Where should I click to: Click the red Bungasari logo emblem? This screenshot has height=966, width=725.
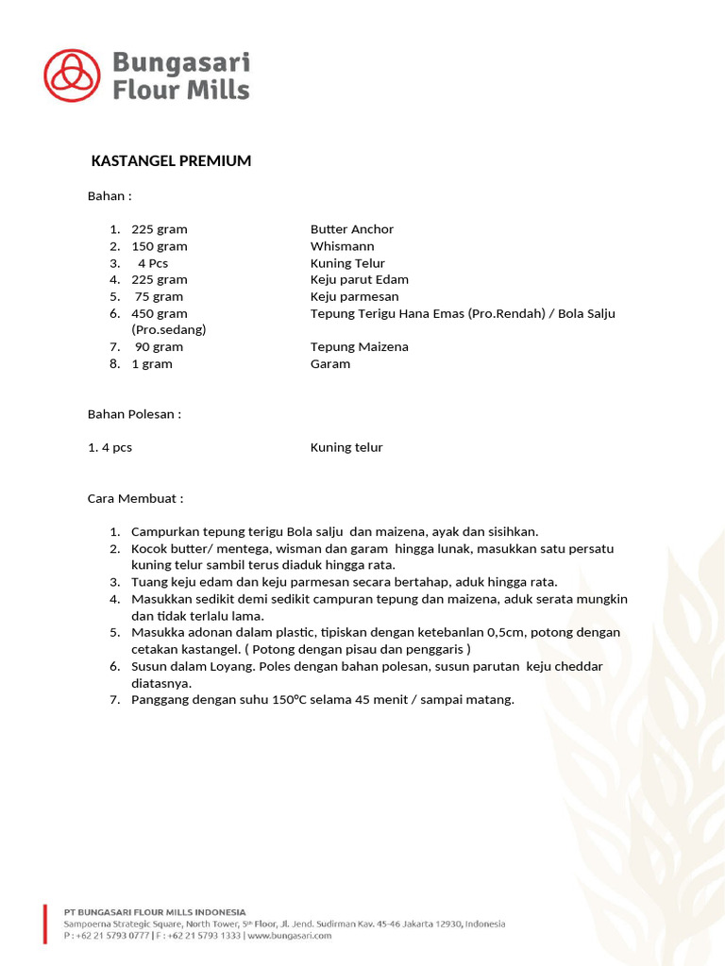[72, 75]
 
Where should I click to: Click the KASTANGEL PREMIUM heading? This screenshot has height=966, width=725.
[171, 161]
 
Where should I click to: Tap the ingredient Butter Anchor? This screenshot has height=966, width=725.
[352, 229]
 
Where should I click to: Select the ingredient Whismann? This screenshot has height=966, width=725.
[342, 246]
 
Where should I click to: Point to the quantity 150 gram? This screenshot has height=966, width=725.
[159, 246]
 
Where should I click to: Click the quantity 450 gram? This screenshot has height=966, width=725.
[159, 313]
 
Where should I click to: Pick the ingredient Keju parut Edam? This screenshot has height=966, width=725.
[359, 279]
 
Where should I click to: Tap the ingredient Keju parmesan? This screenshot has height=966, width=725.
[354, 296]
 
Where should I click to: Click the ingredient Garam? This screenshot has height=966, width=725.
[330, 363]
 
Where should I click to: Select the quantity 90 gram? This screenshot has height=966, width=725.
[159, 346]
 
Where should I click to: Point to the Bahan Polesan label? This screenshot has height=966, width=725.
[134, 414]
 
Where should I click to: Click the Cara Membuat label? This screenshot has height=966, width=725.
[135, 498]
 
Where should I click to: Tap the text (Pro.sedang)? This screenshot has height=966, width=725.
[168, 330]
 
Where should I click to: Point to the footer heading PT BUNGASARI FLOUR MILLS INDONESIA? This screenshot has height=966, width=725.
[155, 912]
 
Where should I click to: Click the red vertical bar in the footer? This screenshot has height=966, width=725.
[44, 924]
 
